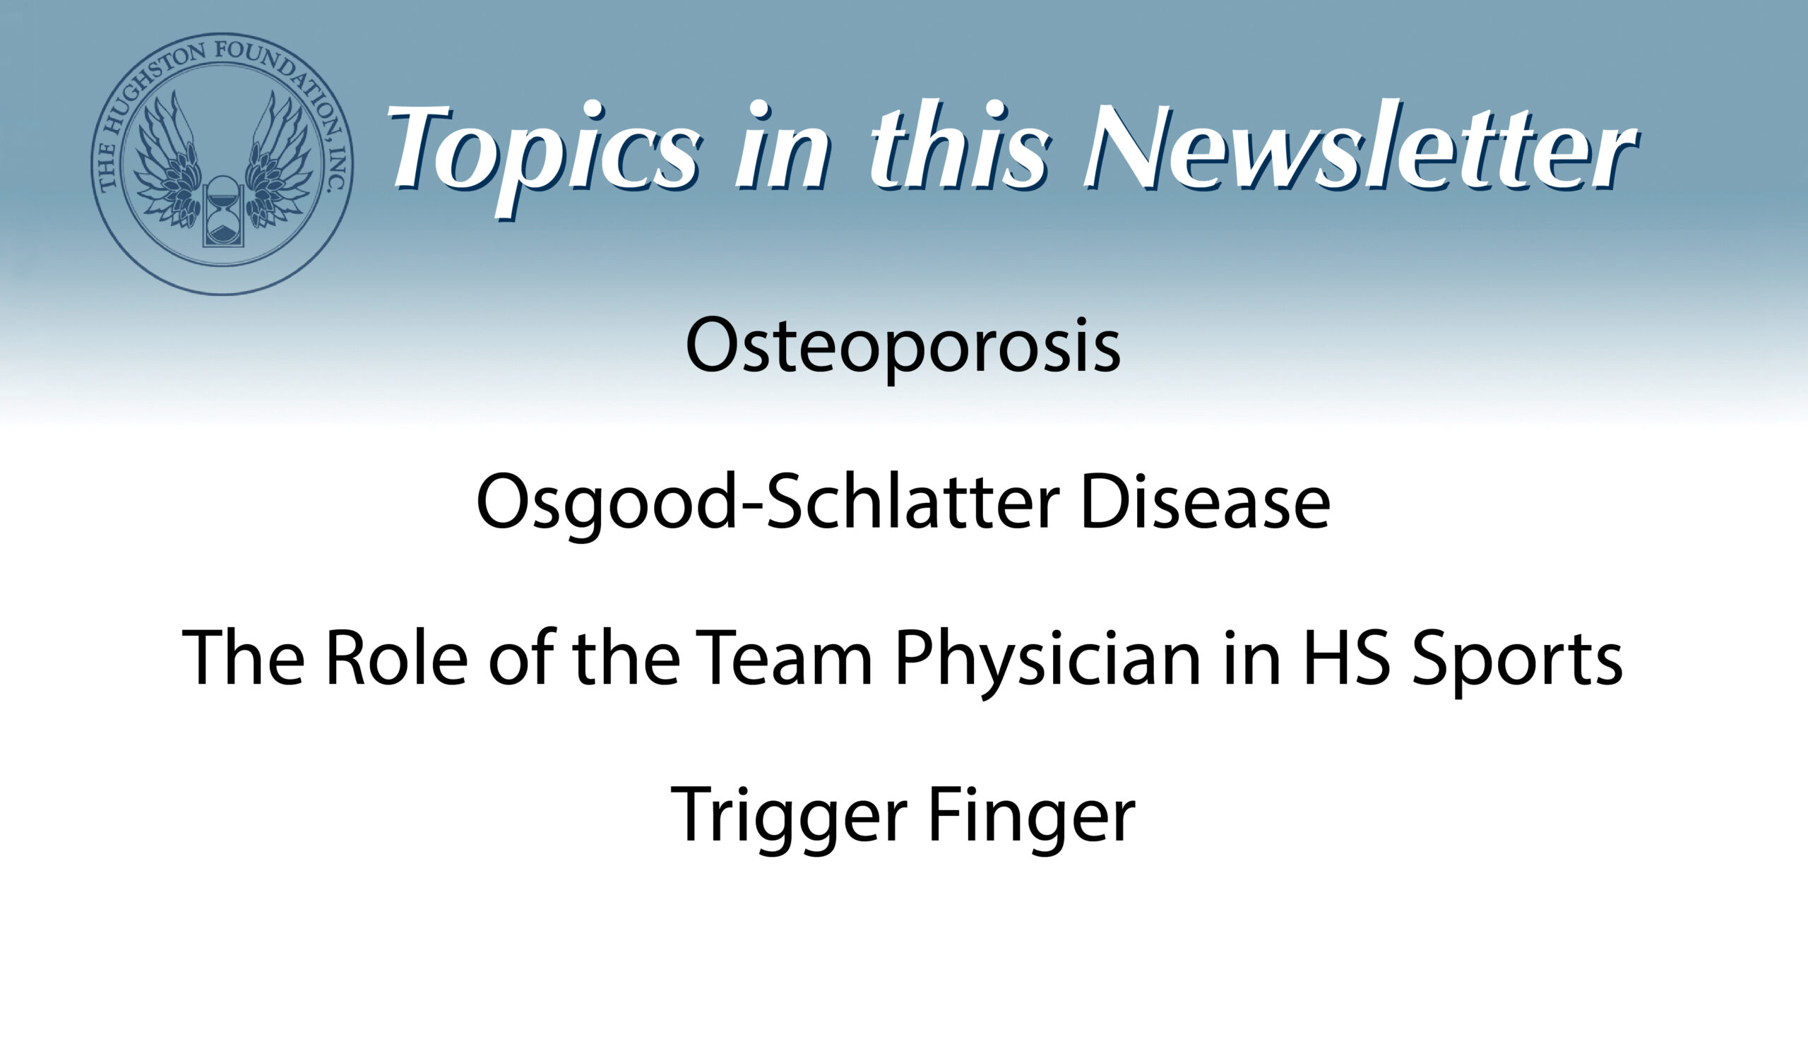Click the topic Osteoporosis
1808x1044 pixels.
[903, 347]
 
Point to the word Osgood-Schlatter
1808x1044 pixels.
[768, 502]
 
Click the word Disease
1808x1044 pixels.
[1205, 502]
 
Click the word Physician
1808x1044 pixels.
[1047, 663]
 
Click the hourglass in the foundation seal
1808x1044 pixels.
[223, 211]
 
